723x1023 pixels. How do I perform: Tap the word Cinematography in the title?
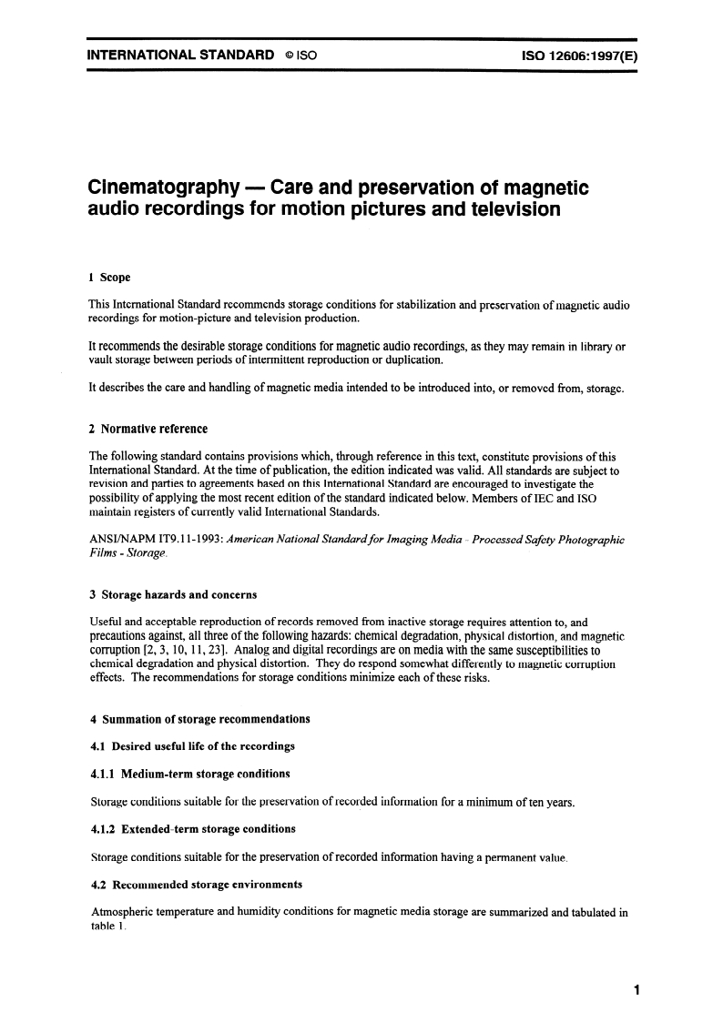[155, 188]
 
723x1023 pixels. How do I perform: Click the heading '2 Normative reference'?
[148, 429]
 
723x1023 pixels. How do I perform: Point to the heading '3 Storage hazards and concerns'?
[173, 595]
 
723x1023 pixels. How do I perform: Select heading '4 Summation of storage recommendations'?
[199, 719]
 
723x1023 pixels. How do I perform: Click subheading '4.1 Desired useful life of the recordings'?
[192, 747]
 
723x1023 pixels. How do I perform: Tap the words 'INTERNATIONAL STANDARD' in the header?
[180, 56]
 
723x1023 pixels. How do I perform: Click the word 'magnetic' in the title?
[543, 188]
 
